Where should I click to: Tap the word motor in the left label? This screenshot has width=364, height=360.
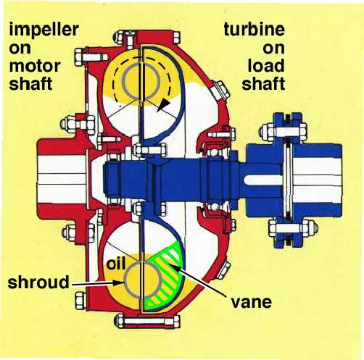[x=35, y=66]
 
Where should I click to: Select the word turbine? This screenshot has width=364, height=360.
[x=254, y=29]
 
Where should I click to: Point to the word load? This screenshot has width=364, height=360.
[x=266, y=65]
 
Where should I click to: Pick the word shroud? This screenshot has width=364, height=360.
[x=38, y=282]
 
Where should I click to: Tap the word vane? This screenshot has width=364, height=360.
[x=252, y=302]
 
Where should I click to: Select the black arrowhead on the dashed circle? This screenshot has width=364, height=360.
[x=164, y=105]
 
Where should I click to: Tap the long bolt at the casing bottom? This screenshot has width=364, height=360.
[x=147, y=321]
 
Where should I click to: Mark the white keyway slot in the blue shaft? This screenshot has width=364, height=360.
[x=262, y=180]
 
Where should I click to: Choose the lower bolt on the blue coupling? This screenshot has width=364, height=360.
[x=293, y=228]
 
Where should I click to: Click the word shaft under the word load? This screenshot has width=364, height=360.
[x=263, y=83]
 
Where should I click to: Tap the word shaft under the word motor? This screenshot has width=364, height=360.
[x=30, y=83]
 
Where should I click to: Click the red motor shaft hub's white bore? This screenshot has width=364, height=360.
[x=62, y=179]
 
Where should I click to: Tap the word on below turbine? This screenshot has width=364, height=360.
[x=273, y=49]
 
